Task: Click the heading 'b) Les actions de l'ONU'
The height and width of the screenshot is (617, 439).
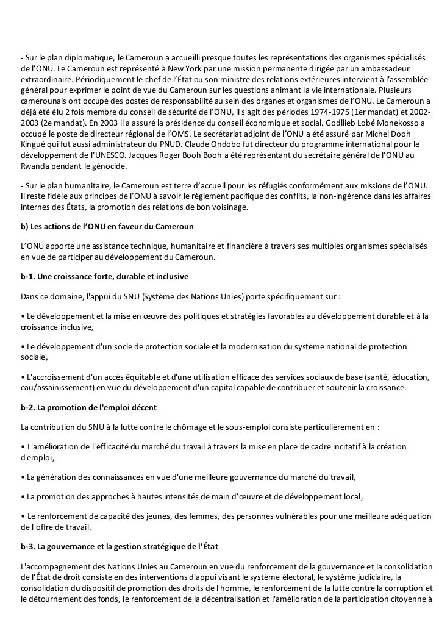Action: click(107, 227)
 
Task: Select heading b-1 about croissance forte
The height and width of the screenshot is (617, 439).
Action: click(104, 276)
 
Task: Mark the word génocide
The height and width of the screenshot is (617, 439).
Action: click(109, 166)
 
